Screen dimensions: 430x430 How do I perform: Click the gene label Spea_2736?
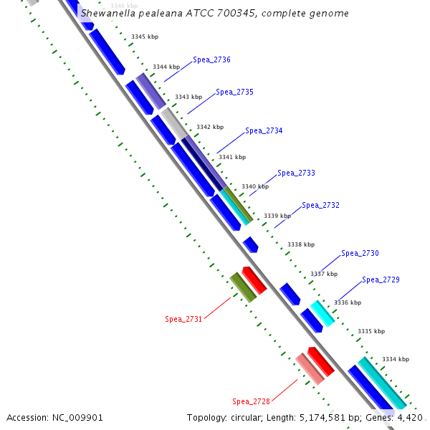(211, 60)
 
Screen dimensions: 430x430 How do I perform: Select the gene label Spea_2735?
(234, 92)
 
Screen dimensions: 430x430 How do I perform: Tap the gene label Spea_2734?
(264, 131)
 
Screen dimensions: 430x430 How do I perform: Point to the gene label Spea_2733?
(296, 173)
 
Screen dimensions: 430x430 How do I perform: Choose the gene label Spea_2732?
(320, 206)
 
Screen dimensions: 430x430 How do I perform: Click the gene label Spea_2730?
(360, 253)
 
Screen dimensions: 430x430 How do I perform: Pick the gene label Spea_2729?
(381, 280)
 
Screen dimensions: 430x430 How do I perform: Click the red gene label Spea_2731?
(183, 320)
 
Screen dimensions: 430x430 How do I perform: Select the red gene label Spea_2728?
(251, 401)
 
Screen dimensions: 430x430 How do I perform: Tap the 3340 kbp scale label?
(254, 186)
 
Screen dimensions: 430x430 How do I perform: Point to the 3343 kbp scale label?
(188, 96)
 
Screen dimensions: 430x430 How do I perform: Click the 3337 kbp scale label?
(323, 274)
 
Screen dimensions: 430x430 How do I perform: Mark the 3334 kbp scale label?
(395, 359)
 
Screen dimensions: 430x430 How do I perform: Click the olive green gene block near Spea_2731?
(243, 287)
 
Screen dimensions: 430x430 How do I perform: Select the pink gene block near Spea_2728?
(310, 368)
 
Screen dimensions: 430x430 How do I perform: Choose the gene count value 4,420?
(408, 417)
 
